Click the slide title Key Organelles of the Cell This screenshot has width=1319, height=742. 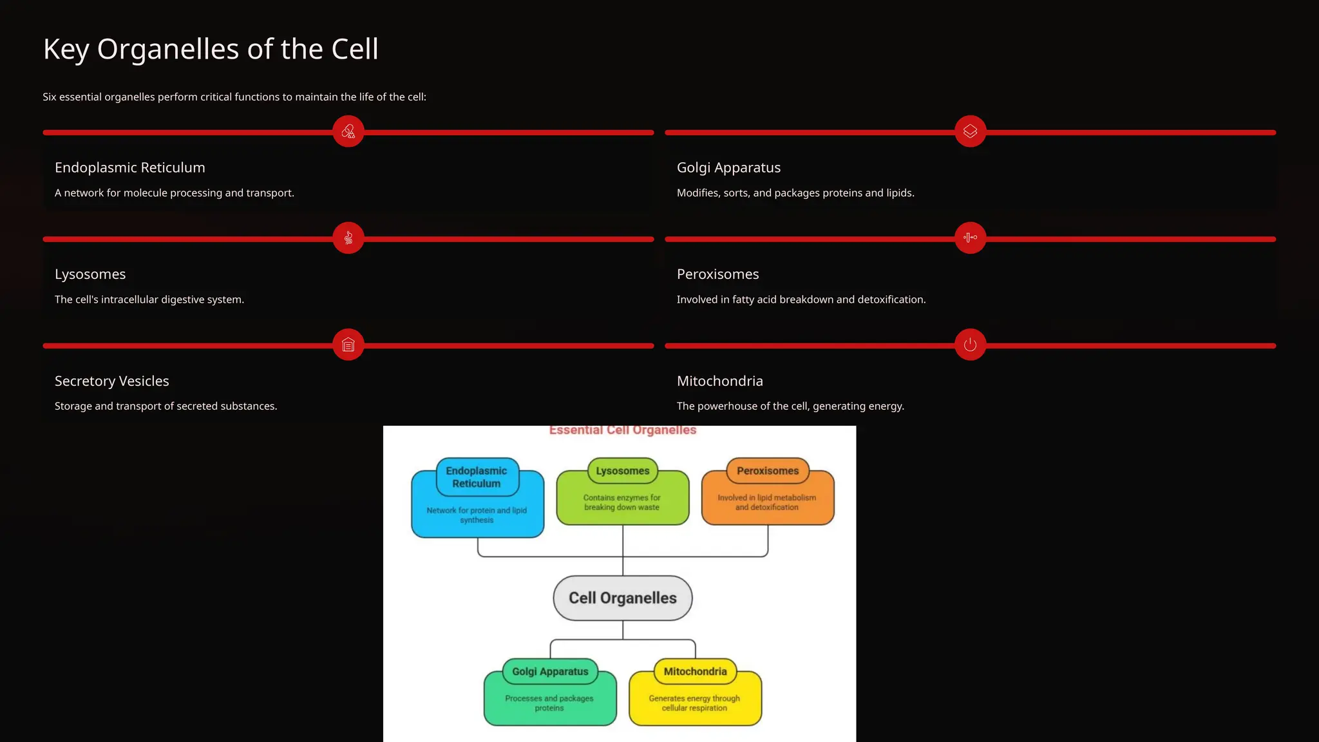pyautogui.click(x=211, y=49)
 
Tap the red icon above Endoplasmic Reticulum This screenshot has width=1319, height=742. pyautogui.click(x=348, y=131)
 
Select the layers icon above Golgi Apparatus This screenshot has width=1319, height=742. pyautogui.click(x=970, y=131)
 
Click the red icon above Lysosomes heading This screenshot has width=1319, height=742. pyautogui.click(x=348, y=238)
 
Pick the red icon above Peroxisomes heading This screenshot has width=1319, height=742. pyautogui.click(x=970, y=238)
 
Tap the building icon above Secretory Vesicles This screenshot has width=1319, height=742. pyautogui.click(x=348, y=345)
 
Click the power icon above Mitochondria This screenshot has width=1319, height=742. pyautogui.click(x=970, y=345)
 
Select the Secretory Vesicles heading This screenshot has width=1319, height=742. pyautogui.click(x=112, y=381)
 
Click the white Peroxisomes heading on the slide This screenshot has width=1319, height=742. pyautogui.click(x=717, y=274)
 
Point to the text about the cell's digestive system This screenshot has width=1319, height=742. pyautogui.click(x=149, y=300)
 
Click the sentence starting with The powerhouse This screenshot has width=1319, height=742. pyautogui.click(x=790, y=406)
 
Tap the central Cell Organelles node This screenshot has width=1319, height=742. pyautogui.click(x=623, y=598)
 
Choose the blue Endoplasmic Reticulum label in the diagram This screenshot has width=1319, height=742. pyautogui.click(x=477, y=477)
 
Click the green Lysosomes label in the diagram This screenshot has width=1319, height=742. pyautogui.click(x=623, y=471)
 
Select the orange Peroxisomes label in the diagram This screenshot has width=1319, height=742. pyautogui.click(x=768, y=471)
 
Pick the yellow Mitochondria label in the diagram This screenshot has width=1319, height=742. pyautogui.click(x=695, y=672)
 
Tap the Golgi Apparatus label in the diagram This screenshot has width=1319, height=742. pyautogui.click(x=550, y=672)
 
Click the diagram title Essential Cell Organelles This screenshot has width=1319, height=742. pyautogui.click(x=623, y=430)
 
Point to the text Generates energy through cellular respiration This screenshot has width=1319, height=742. pyautogui.click(x=694, y=703)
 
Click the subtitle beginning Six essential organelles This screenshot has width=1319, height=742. pyautogui.click(x=234, y=97)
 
